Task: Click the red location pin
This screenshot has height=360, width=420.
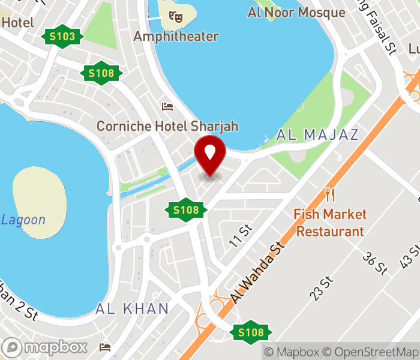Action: (x=210, y=155)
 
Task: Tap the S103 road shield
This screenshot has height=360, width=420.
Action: (x=62, y=37)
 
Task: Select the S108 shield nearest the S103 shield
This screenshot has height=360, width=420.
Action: (x=101, y=73)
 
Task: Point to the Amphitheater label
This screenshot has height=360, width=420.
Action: (x=176, y=37)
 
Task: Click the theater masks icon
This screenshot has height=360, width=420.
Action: (x=175, y=17)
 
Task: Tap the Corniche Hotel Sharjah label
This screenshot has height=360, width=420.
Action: (x=167, y=126)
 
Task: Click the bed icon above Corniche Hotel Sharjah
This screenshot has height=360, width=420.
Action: (x=167, y=107)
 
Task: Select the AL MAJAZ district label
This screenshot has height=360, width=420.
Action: (x=317, y=134)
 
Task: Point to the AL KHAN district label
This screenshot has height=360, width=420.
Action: (x=132, y=309)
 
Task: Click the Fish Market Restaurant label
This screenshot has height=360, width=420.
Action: (x=330, y=223)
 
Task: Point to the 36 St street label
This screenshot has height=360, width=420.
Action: (x=374, y=263)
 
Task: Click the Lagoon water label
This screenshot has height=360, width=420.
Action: (x=23, y=220)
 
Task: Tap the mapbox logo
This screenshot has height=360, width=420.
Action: (x=46, y=347)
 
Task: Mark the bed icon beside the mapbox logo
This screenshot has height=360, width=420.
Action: (x=106, y=347)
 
